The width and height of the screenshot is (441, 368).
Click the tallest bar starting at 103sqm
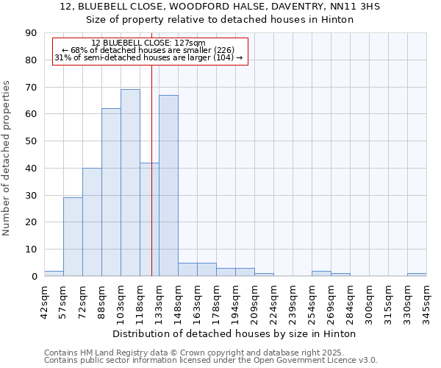tap(130, 183)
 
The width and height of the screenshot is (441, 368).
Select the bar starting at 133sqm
tap(168, 185)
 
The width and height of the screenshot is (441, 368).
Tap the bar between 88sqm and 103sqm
tap(111, 192)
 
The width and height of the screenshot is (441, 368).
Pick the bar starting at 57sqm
tap(73, 237)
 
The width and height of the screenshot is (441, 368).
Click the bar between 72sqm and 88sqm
tap(92, 222)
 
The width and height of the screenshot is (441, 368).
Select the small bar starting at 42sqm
tap(54, 273)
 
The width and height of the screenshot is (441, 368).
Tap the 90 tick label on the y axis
tap(31, 33)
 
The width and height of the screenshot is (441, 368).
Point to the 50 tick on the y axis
tap(31, 141)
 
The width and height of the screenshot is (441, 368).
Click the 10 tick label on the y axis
tap(31, 250)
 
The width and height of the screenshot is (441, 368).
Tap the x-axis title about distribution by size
tap(235, 333)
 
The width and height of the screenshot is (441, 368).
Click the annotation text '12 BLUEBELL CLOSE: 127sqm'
tap(148, 43)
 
